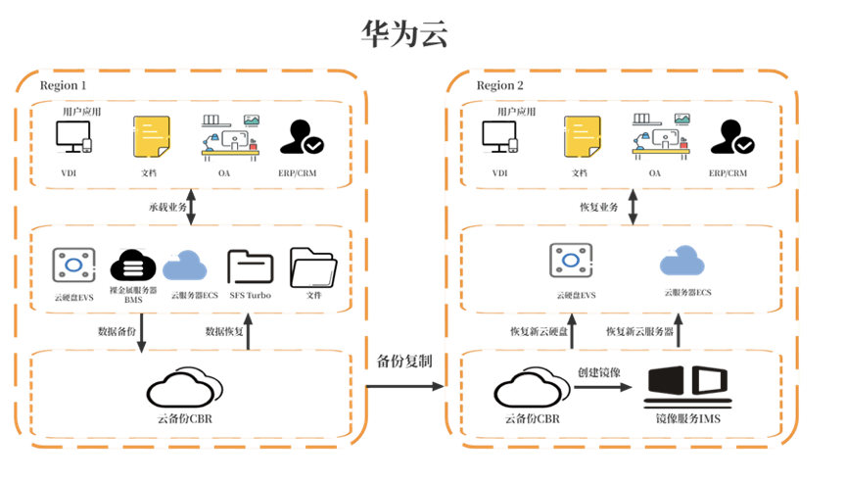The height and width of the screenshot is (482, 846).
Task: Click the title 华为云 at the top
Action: click(403, 35)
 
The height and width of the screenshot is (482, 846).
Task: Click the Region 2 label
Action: click(500, 86)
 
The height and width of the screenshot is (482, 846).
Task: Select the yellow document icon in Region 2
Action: click(582, 139)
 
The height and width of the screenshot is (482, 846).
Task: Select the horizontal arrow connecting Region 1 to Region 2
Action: click(406, 387)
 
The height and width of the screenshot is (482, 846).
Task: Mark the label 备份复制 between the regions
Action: click(405, 361)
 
